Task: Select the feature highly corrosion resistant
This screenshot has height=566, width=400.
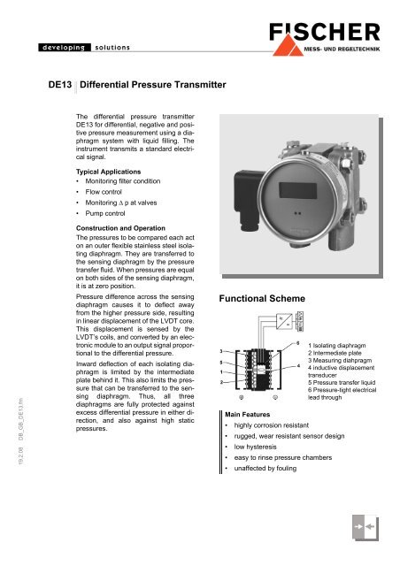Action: coord(280,425)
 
